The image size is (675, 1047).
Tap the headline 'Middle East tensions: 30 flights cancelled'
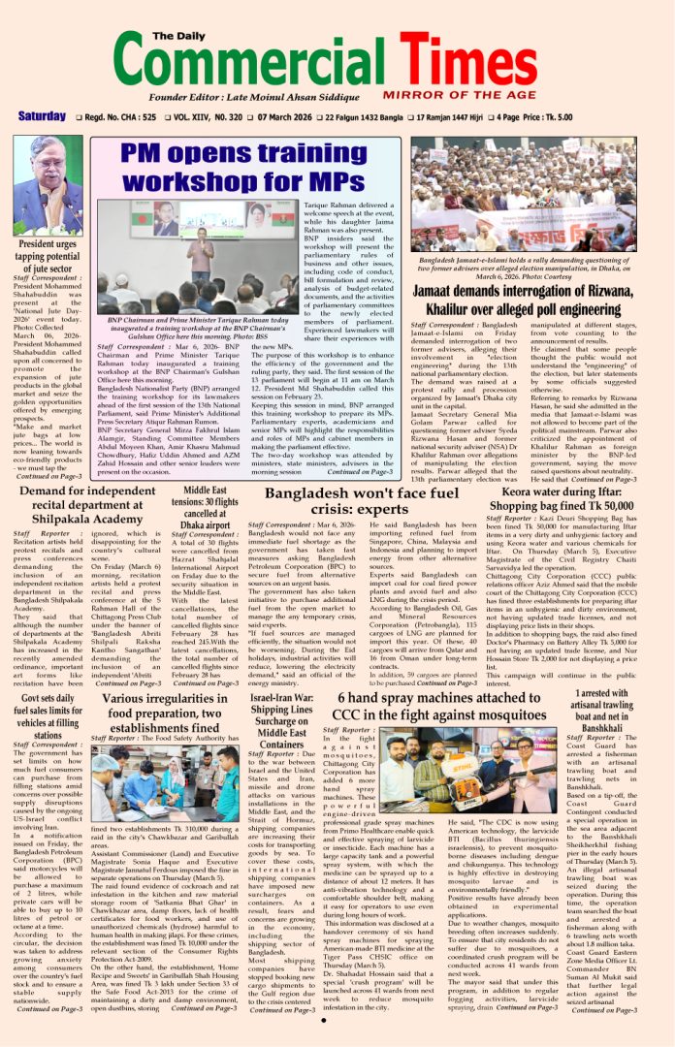point(205,504)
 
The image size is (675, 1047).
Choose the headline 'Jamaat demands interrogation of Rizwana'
point(524,302)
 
